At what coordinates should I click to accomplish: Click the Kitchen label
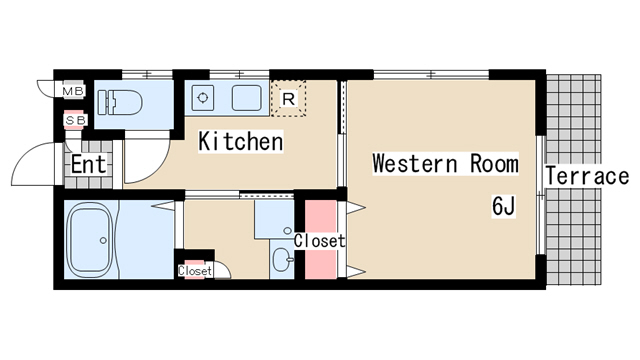[240, 141]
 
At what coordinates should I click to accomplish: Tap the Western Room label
[445, 164]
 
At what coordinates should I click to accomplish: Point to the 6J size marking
[504, 206]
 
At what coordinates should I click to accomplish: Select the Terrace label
[587, 176]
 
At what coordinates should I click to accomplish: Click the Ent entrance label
[89, 164]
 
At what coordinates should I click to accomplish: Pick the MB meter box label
[73, 91]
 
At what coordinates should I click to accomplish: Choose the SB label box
[76, 120]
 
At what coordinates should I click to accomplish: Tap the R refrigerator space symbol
[289, 99]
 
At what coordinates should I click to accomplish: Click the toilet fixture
[120, 102]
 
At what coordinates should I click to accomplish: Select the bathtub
[90, 240]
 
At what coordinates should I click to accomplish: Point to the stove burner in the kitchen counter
[203, 98]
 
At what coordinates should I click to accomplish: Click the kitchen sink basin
[247, 98]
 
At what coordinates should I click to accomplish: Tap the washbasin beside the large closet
[282, 259]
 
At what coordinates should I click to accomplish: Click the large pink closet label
[320, 241]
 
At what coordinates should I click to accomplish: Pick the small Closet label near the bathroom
[195, 271]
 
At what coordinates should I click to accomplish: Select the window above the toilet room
[147, 75]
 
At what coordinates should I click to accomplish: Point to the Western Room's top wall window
[431, 75]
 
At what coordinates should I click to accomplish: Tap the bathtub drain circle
[103, 241]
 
